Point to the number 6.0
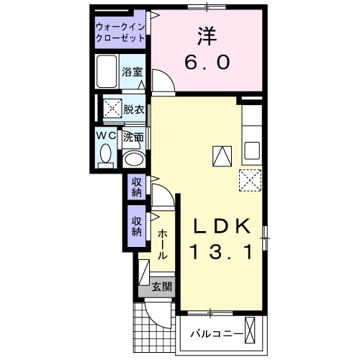207,63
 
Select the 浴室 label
132,72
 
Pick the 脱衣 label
133,109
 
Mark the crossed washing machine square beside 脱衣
112,109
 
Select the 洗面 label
132,136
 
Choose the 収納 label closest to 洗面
137,186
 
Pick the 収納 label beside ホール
137,228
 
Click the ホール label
163,244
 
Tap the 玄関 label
162,287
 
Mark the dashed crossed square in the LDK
248,181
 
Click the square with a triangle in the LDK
222,155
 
